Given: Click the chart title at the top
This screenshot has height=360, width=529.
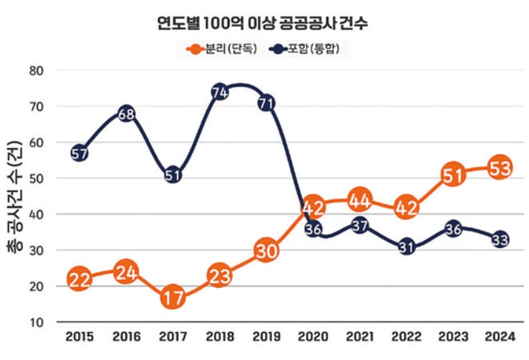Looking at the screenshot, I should click(263, 23).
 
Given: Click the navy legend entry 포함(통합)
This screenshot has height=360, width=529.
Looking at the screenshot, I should click(310, 49).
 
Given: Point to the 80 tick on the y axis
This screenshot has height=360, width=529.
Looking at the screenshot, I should click(57, 71).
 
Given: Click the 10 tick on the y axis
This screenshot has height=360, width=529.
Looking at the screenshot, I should click(57, 322).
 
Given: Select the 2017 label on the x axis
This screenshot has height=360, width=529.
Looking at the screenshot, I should click(173, 337).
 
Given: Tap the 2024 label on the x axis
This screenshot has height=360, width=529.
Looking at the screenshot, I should click(500, 337).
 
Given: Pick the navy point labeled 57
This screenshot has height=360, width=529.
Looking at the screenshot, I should click(79, 153).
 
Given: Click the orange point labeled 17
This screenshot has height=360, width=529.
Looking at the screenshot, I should click(173, 297).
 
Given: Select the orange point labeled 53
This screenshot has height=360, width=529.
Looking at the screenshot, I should click(500, 168).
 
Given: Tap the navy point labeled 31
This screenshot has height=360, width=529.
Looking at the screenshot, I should click(407, 247).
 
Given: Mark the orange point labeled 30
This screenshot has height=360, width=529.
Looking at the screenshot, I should click(266, 250).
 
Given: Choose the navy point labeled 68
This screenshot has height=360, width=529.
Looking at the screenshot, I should click(126, 113).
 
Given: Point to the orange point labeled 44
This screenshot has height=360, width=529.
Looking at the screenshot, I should click(360, 200).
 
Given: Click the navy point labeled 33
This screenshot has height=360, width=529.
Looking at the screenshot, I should click(500, 240).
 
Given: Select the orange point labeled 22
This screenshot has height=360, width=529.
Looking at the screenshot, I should click(79, 279).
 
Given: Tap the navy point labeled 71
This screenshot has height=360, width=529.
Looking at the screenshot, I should click(266, 103).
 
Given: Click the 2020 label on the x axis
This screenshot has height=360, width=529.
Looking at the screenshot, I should click(313, 337).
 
